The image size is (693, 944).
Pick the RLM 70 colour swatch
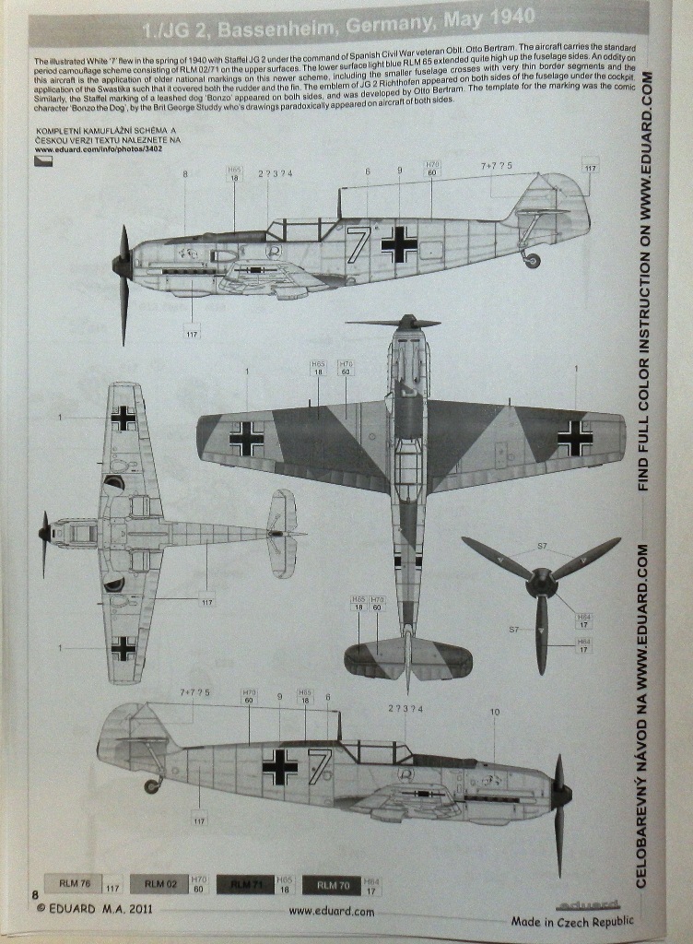coord(331,885)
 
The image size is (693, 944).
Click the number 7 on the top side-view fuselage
coord(358,245)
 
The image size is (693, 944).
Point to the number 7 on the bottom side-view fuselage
coord(319,765)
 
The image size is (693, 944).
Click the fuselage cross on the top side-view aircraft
coord(399,243)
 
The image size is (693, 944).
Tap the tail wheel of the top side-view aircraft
coord(532,261)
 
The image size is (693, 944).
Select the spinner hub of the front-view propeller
coord(542,582)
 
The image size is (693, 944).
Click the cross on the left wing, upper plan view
coord(246,439)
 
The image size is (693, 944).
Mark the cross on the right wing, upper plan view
coord(575,439)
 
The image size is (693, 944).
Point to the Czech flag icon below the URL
coord(43,159)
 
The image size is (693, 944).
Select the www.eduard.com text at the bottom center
coord(331,911)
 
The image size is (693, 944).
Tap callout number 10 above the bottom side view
coord(494,712)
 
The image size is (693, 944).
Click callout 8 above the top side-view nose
coord(184,173)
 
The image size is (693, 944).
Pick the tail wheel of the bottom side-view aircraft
coord(151,785)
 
